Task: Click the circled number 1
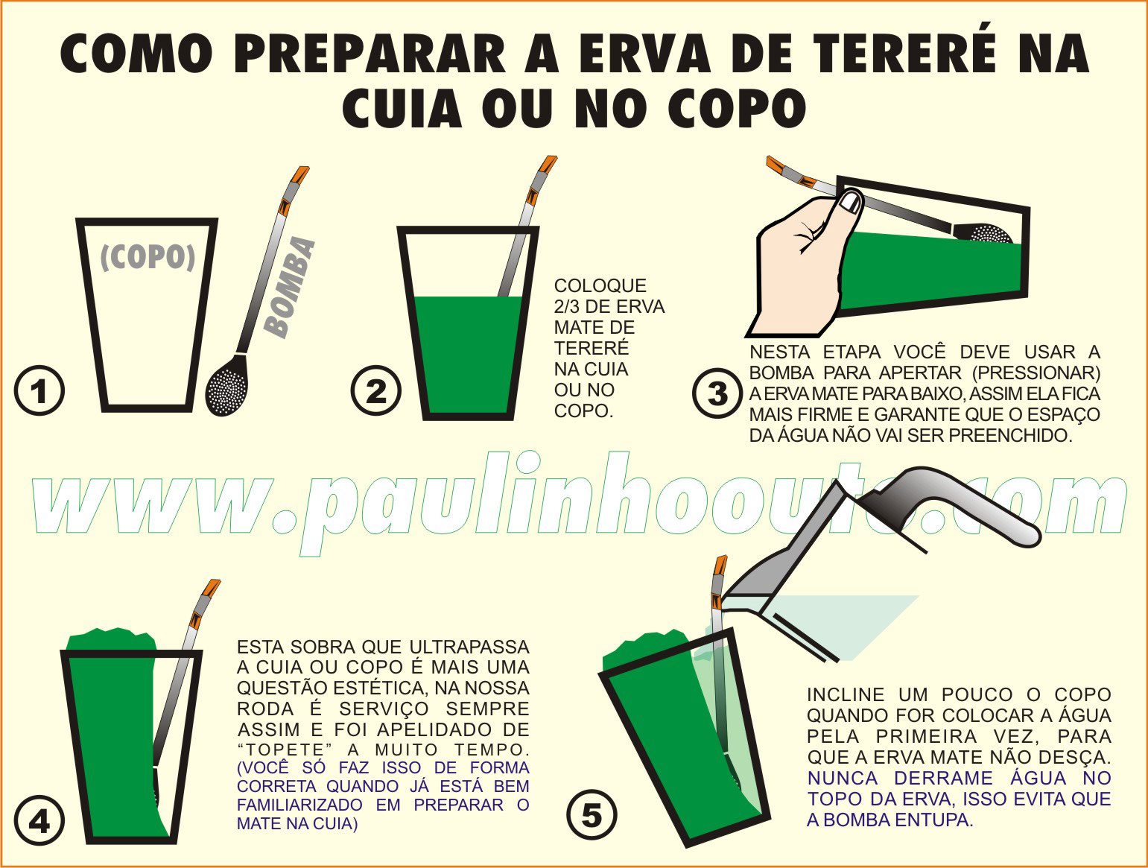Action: pyautogui.click(x=39, y=390)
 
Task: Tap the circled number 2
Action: pyautogui.click(x=376, y=390)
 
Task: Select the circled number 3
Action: pyautogui.click(x=717, y=393)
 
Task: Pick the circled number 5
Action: pyautogui.click(x=592, y=815)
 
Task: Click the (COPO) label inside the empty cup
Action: pyautogui.click(x=148, y=257)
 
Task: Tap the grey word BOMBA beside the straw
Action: pyautogui.click(x=290, y=287)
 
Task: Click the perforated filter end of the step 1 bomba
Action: pyautogui.click(x=227, y=385)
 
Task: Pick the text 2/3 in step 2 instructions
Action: pyautogui.click(x=570, y=306)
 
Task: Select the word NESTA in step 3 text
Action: pyautogui.click(x=780, y=352)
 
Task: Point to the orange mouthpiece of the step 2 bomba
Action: pyautogui.click(x=547, y=167)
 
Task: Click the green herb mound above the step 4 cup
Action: pyautogui.click(x=112, y=640)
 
